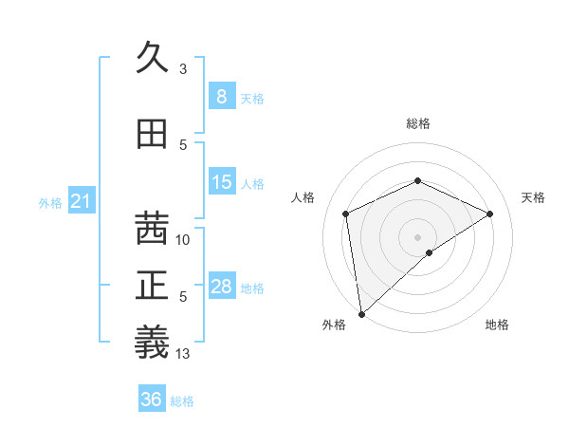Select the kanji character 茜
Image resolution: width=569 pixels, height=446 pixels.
point(153,229)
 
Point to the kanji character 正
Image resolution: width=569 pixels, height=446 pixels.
point(153,286)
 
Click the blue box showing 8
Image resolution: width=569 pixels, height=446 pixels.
point(221,96)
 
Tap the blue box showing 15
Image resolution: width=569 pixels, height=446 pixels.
point(221,181)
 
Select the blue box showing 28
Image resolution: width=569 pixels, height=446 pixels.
point(221,286)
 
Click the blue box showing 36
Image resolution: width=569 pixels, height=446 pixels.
point(152,399)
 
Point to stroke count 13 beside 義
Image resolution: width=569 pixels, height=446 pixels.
point(183,354)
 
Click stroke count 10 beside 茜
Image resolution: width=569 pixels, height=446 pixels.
point(183,240)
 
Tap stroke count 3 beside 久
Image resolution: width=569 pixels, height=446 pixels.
point(183,69)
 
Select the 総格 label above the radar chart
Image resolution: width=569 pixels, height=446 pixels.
point(417,123)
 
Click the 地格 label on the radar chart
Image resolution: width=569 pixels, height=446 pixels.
point(497,325)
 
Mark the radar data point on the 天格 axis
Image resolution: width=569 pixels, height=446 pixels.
point(490,214)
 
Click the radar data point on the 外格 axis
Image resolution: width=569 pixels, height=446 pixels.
point(361,313)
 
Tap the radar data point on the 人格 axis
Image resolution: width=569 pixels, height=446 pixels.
point(346,214)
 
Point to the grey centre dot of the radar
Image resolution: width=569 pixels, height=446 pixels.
point(417,236)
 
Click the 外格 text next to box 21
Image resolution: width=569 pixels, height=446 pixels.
point(50,202)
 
